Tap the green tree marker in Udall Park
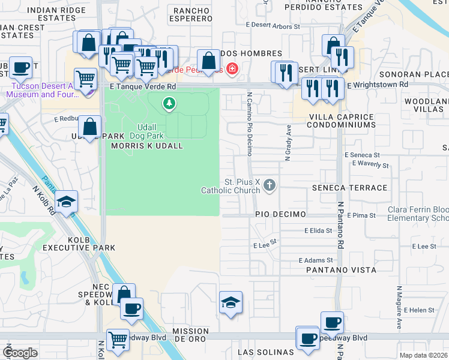[170, 105]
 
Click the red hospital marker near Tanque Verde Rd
[231, 70]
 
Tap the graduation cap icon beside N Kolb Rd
[67, 200]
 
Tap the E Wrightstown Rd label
[378, 85]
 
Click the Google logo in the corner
[20, 352]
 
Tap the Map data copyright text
[423, 355]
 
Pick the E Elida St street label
[318, 230]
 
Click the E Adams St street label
[316, 260]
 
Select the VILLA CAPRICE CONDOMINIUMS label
[341, 121]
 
